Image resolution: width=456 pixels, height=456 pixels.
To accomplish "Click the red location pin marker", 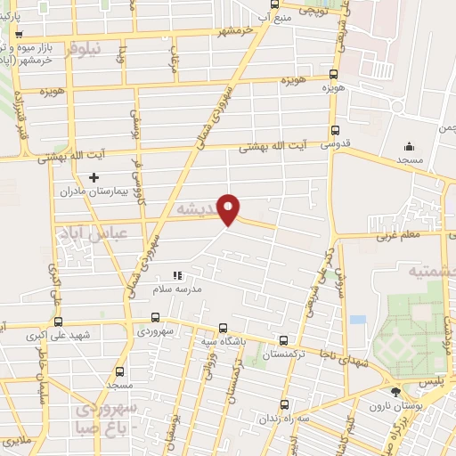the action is (229, 208).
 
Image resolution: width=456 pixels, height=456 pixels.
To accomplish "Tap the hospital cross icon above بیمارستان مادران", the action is (94, 178).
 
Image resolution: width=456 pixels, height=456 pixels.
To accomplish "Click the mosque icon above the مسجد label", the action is (409, 147).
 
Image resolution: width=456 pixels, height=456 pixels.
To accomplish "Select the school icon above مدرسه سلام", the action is (177, 275).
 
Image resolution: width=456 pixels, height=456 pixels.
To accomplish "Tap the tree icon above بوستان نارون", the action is (395, 392).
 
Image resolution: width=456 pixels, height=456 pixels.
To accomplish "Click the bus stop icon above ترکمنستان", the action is (283, 340).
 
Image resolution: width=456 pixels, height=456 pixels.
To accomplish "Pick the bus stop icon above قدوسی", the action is (333, 128).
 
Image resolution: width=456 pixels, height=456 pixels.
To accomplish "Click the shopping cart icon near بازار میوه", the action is (20, 35).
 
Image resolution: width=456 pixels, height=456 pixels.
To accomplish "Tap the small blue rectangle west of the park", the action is (358, 319).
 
